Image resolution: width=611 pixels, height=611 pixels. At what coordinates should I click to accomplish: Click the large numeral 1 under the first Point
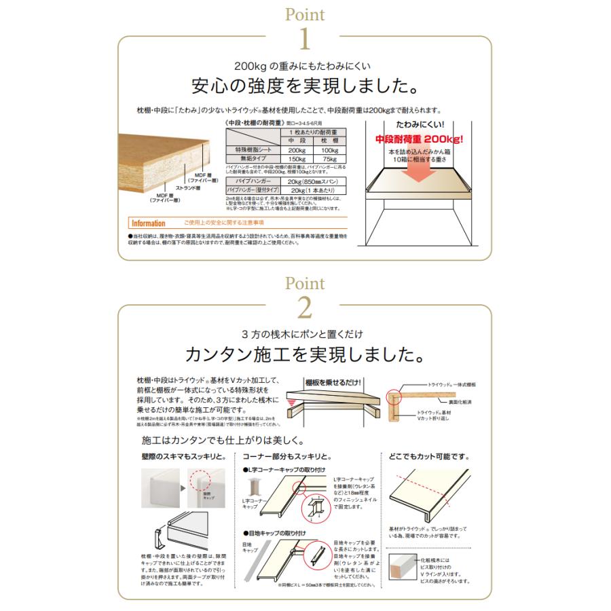(x=305, y=39)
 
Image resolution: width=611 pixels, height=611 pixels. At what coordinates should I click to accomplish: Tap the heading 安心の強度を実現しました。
(x=305, y=87)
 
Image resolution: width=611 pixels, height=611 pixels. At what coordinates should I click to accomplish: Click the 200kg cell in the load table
(x=296, y=149)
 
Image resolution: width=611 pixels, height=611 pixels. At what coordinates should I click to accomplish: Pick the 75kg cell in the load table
(x=331, y=159)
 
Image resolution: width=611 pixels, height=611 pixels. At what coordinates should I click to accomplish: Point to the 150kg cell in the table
(x=296, y=159)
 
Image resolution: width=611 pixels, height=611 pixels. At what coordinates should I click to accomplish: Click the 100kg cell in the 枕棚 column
(x=331, y=149)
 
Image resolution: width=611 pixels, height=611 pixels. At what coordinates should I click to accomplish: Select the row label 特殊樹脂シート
(x=253, y=149)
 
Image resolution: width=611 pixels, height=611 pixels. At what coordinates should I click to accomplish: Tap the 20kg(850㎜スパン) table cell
(x=313, y=182)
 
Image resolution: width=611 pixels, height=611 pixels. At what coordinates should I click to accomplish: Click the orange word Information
(x=148, y=223)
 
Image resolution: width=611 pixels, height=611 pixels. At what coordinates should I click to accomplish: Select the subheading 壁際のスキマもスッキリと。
(x=177, y=456)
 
